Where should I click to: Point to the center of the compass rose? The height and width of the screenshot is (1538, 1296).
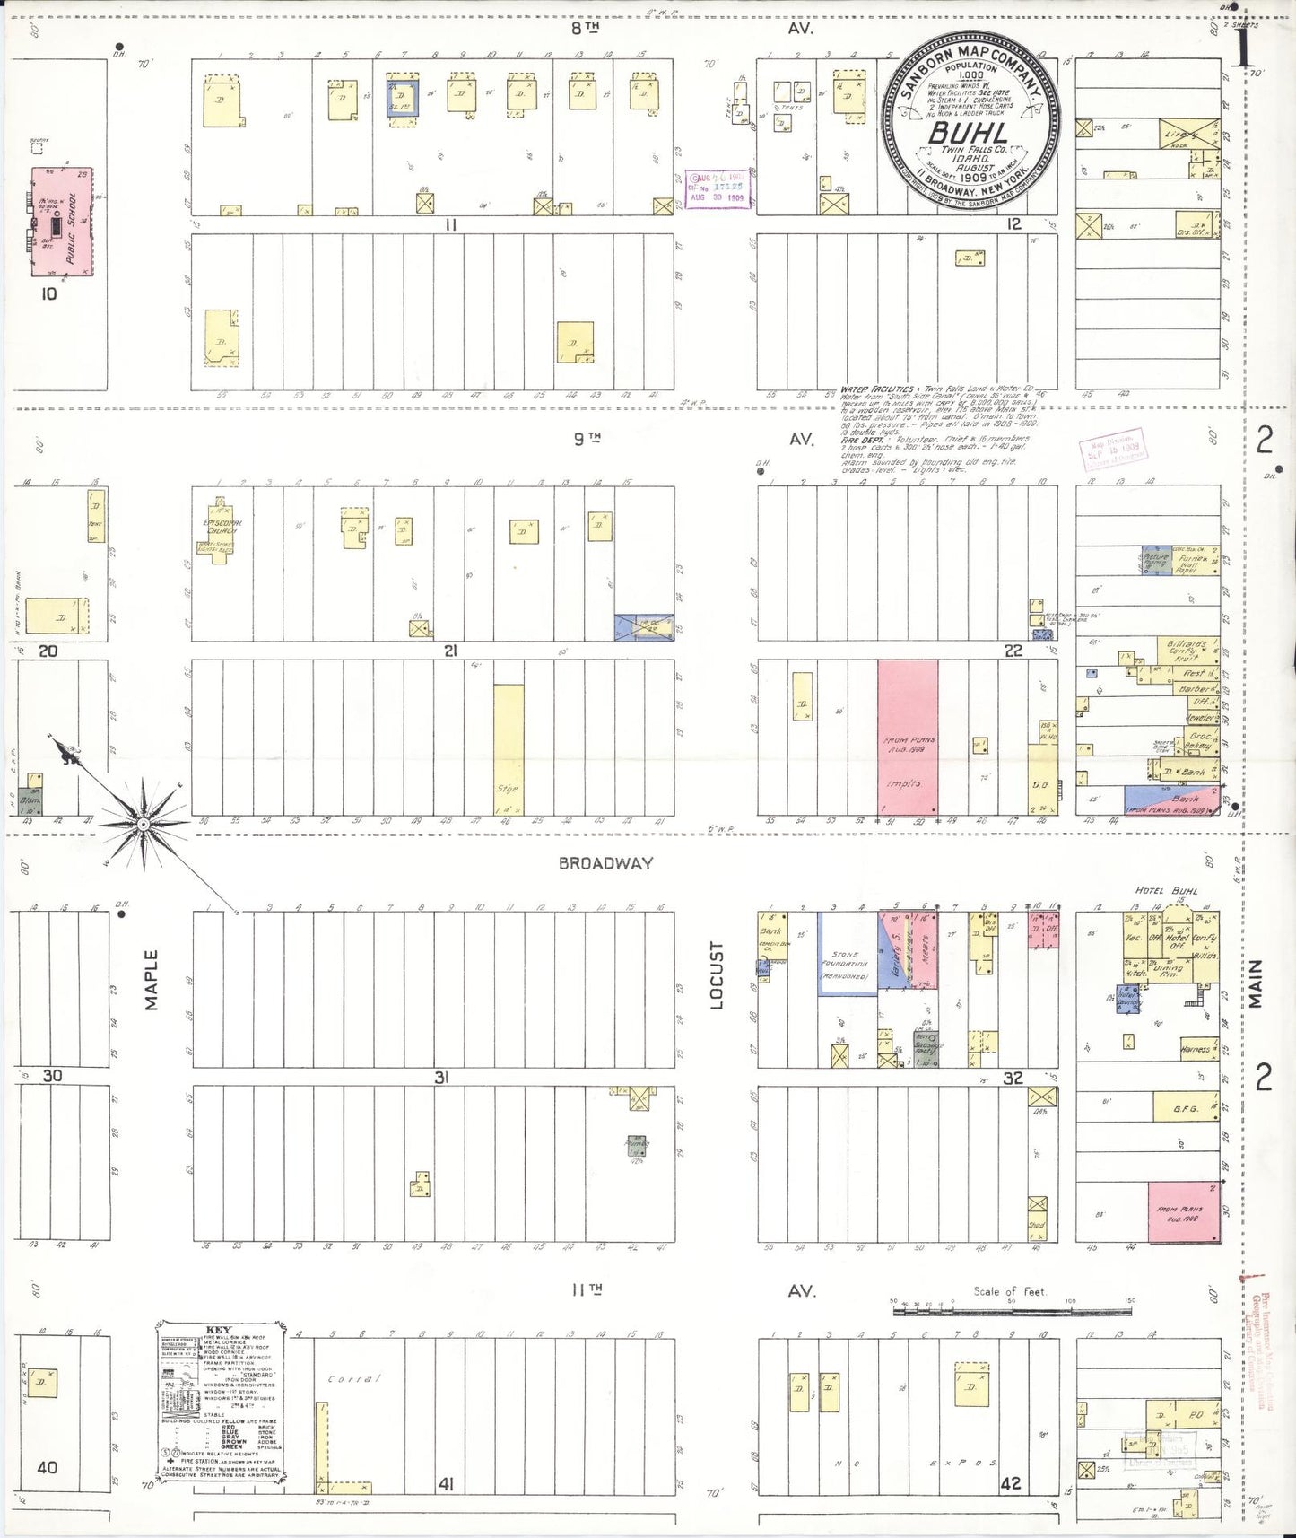coord(142,822)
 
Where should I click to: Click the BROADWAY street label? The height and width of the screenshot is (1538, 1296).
coord(605,863)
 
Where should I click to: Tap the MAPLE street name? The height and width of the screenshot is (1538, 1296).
coord(151,980)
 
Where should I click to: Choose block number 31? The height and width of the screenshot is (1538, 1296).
coord(441,1078)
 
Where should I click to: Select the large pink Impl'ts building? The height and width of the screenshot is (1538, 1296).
coord(907,738)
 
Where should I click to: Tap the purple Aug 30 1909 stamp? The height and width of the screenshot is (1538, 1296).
coord(718,189)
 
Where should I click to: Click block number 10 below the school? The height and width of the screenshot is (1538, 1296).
coord(48,293)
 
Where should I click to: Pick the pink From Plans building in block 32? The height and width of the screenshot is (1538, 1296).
coord(1184,1211)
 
